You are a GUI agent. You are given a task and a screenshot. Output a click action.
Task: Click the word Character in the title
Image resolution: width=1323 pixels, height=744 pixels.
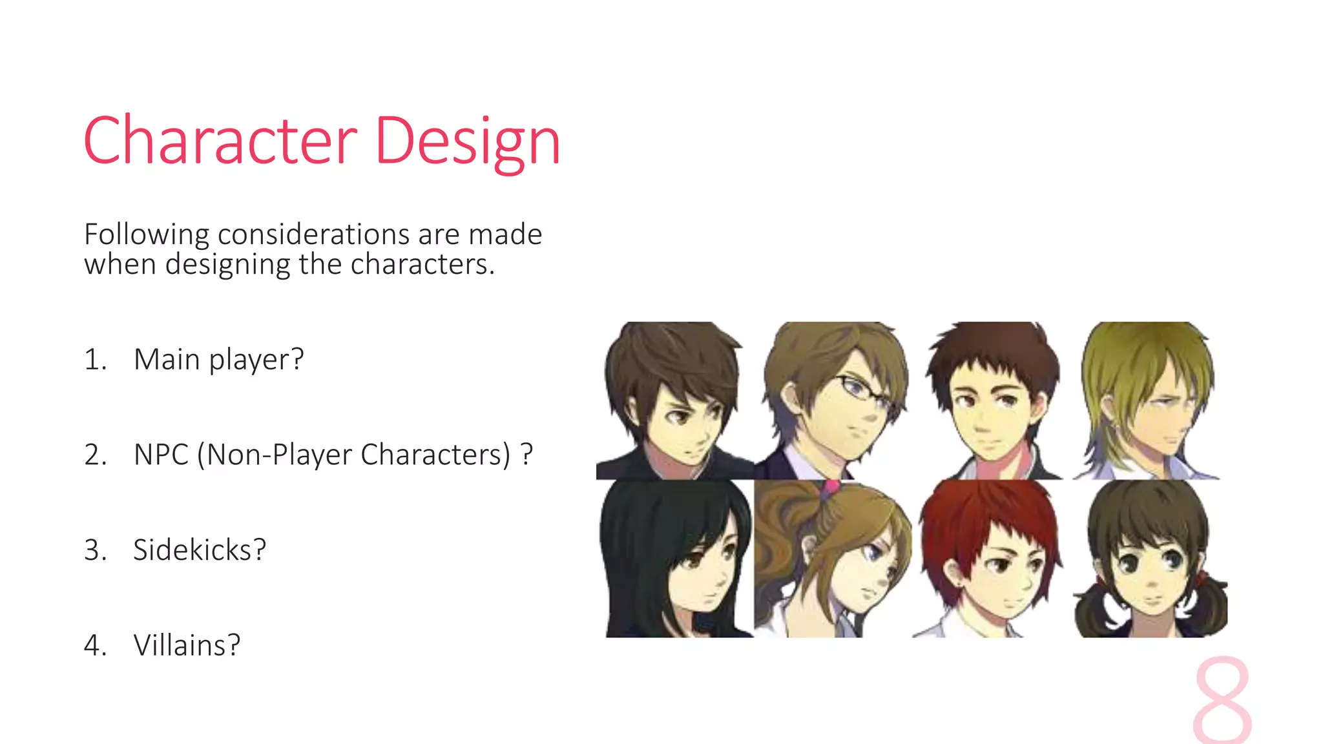click(x=220, y=141)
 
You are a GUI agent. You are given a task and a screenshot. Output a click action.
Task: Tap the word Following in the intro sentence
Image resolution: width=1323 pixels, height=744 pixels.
click(x=147, y=234)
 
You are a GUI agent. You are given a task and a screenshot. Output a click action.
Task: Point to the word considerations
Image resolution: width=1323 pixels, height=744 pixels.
click(x=314, y=234)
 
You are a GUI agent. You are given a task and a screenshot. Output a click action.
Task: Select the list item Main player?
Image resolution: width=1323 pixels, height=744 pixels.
click(x=218, y=360)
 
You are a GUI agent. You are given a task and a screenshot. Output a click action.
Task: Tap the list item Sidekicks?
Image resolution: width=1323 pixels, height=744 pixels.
click(x=200, y=550)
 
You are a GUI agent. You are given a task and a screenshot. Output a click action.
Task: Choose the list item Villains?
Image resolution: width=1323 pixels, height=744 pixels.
click(x=187, y=645)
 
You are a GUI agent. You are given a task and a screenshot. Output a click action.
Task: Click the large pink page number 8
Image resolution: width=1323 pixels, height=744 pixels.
click(x=1222, y=701)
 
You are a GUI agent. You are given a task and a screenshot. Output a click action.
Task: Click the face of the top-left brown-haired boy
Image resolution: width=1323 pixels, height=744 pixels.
click(x=685, y=420)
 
